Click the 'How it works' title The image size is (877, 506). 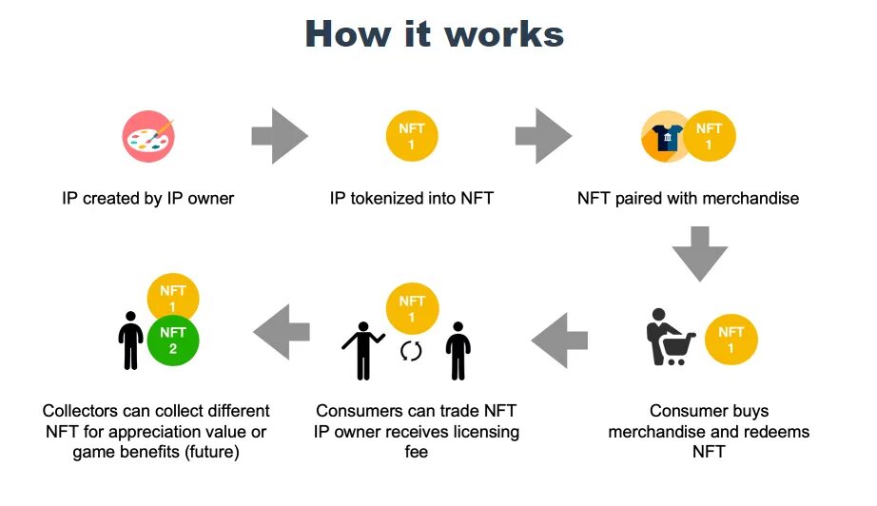point(435,34)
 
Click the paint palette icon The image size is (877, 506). point(147,136)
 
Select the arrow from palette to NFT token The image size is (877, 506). point(280,136)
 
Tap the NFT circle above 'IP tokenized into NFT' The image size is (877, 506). point(411,136)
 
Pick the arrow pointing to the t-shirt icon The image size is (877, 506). point(543,136)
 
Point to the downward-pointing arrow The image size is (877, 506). point(700,253)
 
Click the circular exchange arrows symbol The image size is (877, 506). point(411,351)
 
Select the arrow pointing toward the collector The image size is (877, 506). point(282,332)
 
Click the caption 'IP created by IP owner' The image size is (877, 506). point(147,199)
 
